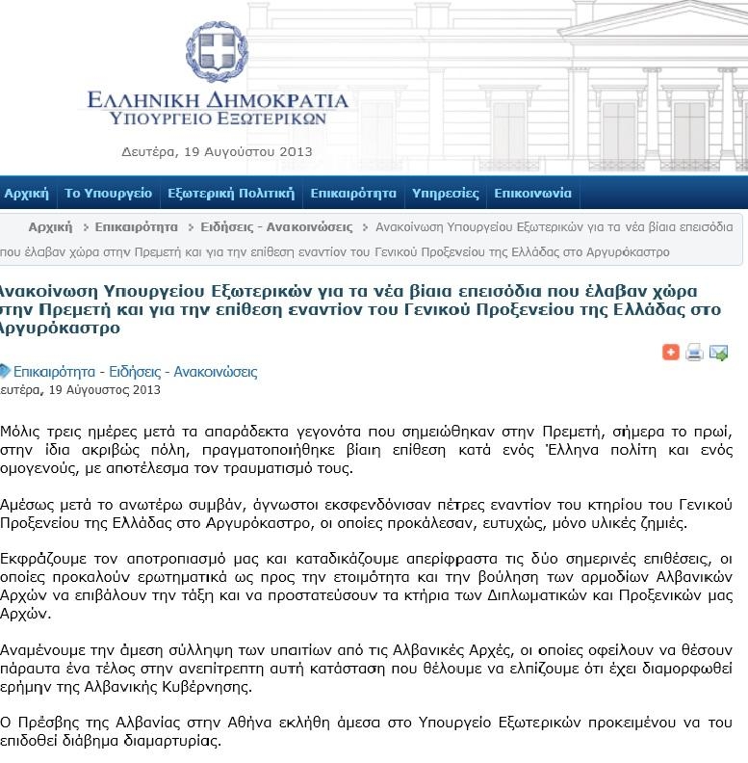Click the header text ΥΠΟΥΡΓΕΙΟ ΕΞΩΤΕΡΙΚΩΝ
(218, 119)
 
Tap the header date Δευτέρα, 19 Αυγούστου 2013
(217, 151)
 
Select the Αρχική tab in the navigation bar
(26, 194)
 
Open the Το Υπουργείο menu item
(108, 194)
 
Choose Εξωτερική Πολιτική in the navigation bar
(231, 194)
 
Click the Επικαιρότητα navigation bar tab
(353, 194)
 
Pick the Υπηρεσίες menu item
(445, 194)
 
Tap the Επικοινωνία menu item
(532, 194)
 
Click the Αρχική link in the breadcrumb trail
(50, 227)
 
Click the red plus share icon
(671, 353)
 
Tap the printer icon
(694, 353)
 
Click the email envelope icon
(718, 353)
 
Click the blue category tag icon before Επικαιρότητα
(5, 371)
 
